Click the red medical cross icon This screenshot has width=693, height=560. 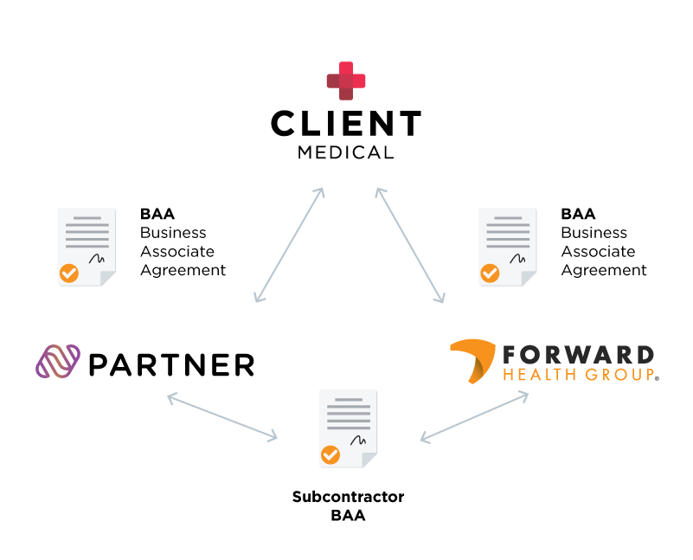(346, 80)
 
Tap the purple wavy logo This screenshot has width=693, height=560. (58, 361)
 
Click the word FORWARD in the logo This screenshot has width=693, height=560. (578, 354)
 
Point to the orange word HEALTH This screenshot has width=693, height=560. (534, 376)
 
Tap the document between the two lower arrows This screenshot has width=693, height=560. (347, 428)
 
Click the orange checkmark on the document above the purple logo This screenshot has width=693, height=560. (68, 274)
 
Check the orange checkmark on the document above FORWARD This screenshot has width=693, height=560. (490, 274)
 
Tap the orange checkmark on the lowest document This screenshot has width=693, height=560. (330, 454)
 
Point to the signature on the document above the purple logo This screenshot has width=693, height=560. (97, 258)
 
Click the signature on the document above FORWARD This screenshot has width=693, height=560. (517, 258)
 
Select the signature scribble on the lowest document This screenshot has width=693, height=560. (358, 440)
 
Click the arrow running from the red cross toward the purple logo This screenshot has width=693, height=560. (289, 245)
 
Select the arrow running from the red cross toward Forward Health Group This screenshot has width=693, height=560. (410, 245)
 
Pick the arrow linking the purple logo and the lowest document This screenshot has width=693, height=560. (222, 417)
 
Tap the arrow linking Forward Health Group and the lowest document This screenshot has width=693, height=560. (474, 417)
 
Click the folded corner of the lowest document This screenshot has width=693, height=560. (369, 460)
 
